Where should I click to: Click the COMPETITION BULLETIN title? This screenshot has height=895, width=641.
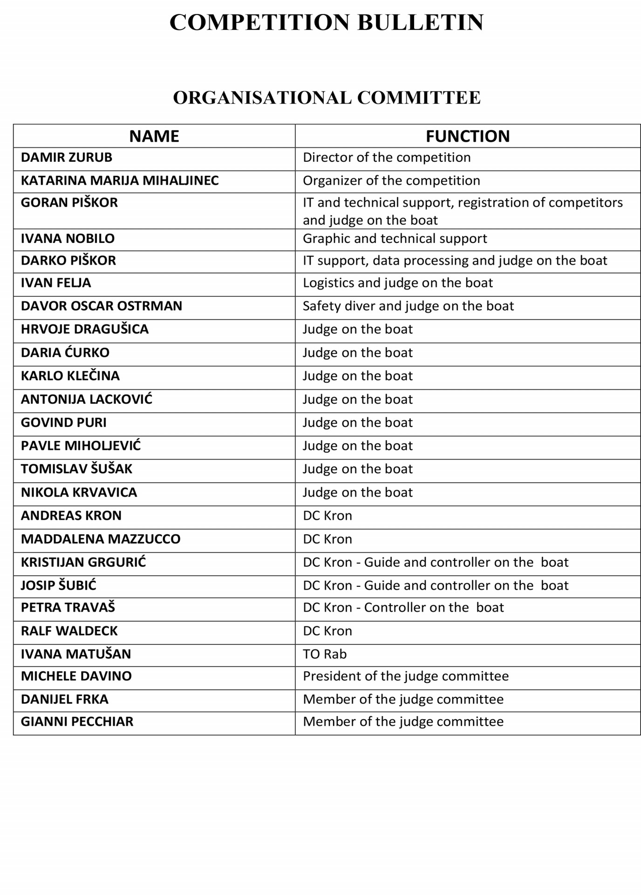pyautogui.click(x=327, y=22)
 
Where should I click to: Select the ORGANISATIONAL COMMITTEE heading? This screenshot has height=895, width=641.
pyautogui.click(x=327, y=98)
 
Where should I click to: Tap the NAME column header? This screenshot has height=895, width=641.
pyautogui.click(x=154, y=136)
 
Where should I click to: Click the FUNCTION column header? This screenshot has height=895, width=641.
pyautogui.click(x=468, y=136)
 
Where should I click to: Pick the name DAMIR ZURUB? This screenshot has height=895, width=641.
pyautogui.click(x=67, y=158)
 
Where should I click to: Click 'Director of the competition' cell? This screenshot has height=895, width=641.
pyautogui.click(x=387, y=158)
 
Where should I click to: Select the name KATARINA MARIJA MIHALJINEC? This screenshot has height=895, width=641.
pyautogui.click(x=120, y=181)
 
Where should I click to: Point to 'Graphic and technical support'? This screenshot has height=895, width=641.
pyautogui.click(x=395, y=239)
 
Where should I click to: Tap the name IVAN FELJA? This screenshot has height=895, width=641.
pyautogui.click(x=56, y=283)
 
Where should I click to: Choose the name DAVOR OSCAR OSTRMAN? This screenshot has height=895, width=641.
pyautogui.click(x=102, y=306)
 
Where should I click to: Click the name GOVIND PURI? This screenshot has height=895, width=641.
pyautogui.click(x=64, y=423)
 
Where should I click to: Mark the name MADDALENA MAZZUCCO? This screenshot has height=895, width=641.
pyautogui.click(x=101, y=539)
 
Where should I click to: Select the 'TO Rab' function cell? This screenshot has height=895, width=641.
pyautogui.click(x=325, y=654)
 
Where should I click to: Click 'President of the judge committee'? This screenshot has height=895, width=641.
pyautogui.click(x=406, y=676)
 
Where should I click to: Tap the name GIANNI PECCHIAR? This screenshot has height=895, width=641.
pyautogui.click(x=77, y=722)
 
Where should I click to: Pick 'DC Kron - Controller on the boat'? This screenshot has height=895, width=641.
pyautogui.click(x=403, y=608)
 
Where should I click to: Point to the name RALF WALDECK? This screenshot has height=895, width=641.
pyautogui.click(x=69, y=631)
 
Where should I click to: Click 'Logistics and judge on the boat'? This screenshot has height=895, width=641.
pyautogui.click(x=398, y=283)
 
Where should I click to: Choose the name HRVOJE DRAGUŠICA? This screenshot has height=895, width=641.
pyautogui.click(x=85, y=330)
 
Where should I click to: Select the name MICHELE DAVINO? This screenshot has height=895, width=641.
pyautogui.click(x=76, y=676)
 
